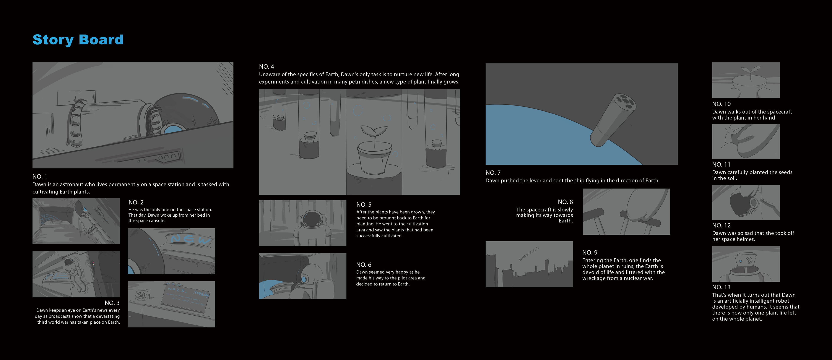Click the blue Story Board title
coord(78,40)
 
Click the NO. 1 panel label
coord(40,177)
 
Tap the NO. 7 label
coord(493,173)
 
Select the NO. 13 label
coord(721,287)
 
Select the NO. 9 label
coord(590,253)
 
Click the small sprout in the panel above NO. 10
coord(750,71)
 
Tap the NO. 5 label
coord(364,205)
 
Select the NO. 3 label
coord(112,303)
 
